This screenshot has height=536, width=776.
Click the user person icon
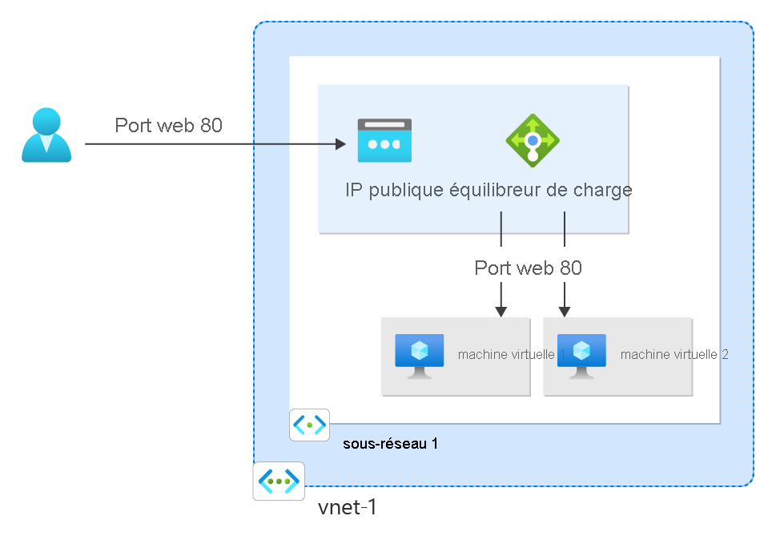[x=46, y=135]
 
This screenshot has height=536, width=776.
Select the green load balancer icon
[x=533, y=139]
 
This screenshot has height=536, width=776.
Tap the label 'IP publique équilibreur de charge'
[x=489, y=190]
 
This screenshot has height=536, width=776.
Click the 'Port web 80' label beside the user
[x=168, y=125]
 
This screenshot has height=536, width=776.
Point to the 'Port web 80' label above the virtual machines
[x=528, y=268]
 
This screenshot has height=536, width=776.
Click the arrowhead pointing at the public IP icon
[x=340, y=144]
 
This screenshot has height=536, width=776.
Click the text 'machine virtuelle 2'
[x=673, y=354]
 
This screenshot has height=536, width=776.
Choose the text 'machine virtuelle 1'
[x=511, y=354]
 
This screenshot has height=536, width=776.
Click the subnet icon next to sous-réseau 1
[x=309, y=425]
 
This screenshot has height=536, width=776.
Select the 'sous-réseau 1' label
[x=390, y=443]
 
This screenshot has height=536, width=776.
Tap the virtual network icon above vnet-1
[x=279, y=481]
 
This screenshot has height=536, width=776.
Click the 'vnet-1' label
[x=347, y=508]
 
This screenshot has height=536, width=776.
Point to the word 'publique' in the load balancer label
[x=404, y=190]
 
